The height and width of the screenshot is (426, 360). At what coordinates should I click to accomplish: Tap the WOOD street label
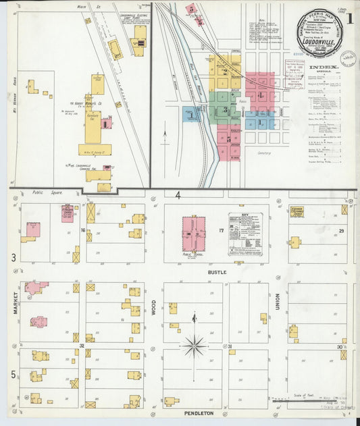point(153,308)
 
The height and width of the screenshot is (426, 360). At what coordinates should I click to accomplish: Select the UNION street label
point(278,309)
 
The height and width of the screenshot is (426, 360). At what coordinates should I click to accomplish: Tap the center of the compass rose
point(195,346)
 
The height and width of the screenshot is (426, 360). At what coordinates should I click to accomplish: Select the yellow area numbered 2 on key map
point(225,71)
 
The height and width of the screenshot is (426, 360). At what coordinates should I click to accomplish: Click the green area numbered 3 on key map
point(226,109)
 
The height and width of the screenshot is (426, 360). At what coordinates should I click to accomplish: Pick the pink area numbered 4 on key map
point(260,95)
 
